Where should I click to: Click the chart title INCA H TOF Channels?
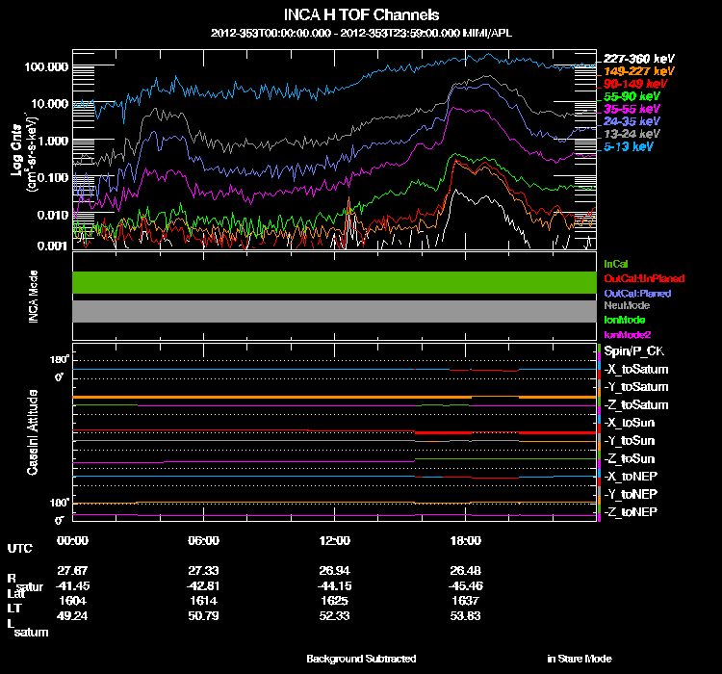coord(361,15)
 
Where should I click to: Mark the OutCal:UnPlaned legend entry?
coord(643,278)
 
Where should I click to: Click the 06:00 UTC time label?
coord(204,540)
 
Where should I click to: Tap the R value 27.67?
coord(73,570)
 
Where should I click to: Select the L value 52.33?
coord(335,614)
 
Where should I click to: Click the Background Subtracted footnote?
coord(361,659)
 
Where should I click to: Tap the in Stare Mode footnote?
coord(579,659)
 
